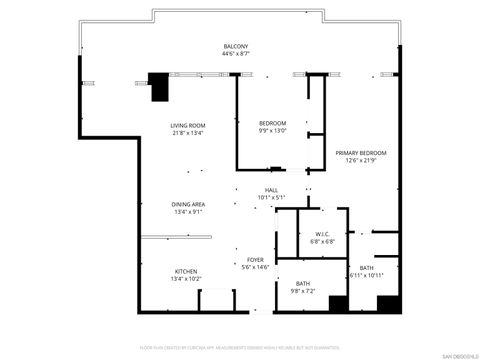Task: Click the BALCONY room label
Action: pyautogui.click(x=236, y=47)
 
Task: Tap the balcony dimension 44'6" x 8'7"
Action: pyautogui.click(x=236, y=55)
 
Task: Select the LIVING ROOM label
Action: pyautogui.click(x=188, y=125)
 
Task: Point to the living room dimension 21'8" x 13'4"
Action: pyautogui.click(x=188, y=133)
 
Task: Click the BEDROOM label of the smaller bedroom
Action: pyautogui.click(x=273, y=123)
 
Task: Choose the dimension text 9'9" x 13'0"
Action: pyautogui.click(x=273, y=131)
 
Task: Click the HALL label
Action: pyautogui.click(x=271, y=190)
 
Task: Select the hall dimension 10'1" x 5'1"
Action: pyautogui.click(x=271, y=198)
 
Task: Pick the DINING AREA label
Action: pyautogui.click(x=189, y=204)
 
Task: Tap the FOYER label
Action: pyautogui.click(x=256, y=259)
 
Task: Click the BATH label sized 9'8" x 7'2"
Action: pyautogui.click(x=302, y=284)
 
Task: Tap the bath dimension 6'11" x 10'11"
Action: pyautogui.click(x=367, y=276)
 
